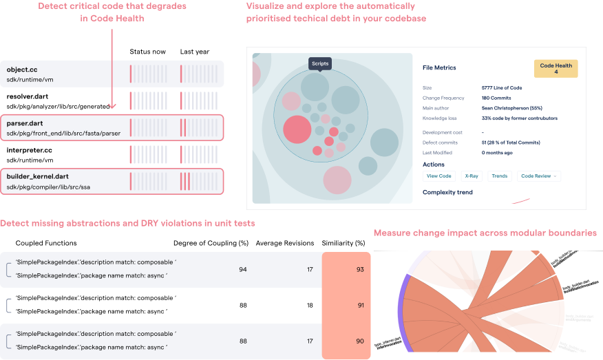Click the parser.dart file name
[25, 123]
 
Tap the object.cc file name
[22, 70]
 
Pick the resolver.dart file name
[28, 96]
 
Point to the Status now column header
[147, 52]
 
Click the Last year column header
[195, 52]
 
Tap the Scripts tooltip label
[320, 63]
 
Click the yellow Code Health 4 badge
[556, 69]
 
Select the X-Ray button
[471, 176]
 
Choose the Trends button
[500, 176]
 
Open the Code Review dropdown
[538, 176]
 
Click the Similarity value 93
[360, 270]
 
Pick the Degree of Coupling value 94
[242, 270]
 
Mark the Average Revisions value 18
[310, 305]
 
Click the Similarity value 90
[360, 341]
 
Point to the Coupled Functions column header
[46, 243]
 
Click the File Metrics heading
[439, 67]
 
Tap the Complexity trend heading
[447, 192]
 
